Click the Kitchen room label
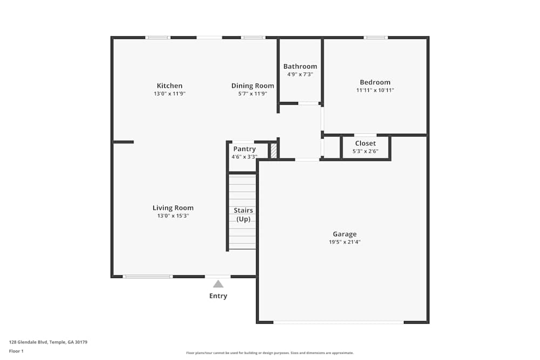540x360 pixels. tap(170, 86)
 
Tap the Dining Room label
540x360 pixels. tap(253, 86)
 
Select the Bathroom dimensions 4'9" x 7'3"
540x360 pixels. tap(300, 74)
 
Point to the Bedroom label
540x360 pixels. tap(375, 82)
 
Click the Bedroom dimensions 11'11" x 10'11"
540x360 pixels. tap(375, 90)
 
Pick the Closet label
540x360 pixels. tap(366, 143)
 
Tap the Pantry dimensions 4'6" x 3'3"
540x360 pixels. tap(244, 157)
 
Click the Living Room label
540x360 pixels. tap(173, 208)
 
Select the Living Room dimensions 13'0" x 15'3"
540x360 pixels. tap(173, 216)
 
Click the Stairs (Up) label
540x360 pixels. tap(243, 214)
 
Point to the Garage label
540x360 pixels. tap(345, 234)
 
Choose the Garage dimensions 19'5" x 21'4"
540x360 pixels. tap(345, 242)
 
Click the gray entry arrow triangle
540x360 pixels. tap(218, 284)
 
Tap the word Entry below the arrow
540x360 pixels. tap(218, 296)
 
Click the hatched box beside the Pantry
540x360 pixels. tap(273, 151)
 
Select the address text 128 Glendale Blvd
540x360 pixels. tap(28, 342)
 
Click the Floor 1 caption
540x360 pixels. tap(16, 351)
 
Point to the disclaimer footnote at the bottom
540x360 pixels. tap(269, 353)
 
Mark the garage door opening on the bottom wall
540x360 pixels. tap(339, 322)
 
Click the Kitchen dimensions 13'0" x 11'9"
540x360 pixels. tap(170, 93)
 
